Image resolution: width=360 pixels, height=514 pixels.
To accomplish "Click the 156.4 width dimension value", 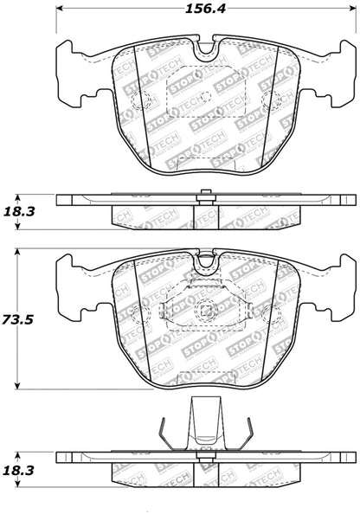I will (x=205, y=10).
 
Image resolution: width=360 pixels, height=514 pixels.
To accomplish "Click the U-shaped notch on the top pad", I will (x=205, y=49).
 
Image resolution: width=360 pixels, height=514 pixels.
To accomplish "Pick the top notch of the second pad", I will (x=205, y=257).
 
